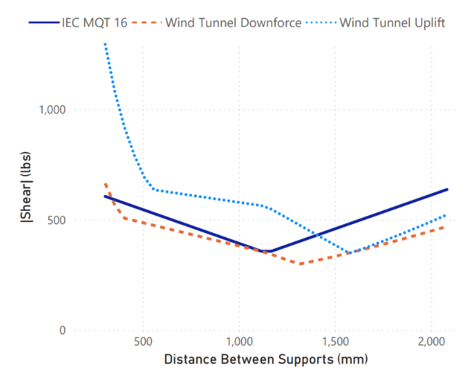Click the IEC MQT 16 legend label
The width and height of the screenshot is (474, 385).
[x=95, y=22]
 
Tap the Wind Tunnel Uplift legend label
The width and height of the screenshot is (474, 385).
[x=392, y=22]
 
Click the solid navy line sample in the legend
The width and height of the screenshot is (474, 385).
[x=42, y=23]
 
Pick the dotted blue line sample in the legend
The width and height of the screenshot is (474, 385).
[x=321, y=23]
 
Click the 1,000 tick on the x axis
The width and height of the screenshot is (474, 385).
[x=239, y=343]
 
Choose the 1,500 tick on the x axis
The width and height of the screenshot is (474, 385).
[x=336, y=343]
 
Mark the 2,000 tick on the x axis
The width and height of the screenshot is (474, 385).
[x=432, y=343]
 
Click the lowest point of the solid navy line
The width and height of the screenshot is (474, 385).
[x=269, y=251]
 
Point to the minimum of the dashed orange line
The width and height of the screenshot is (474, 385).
[x=300, y=264]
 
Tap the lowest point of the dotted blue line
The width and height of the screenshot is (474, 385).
[x=348, y=253]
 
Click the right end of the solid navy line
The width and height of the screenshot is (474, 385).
[x=447, y=189]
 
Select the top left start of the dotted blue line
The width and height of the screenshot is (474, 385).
[x=105, y=45]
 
